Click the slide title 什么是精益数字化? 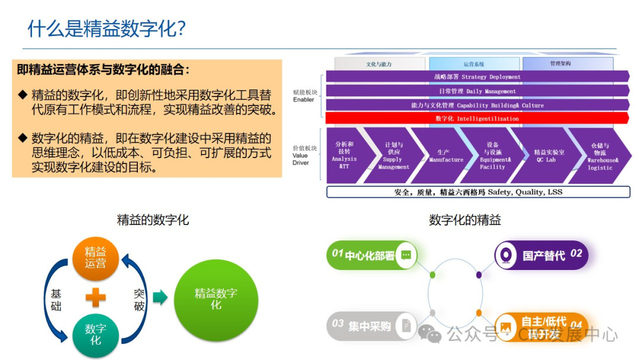[106, 28]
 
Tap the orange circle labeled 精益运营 [95, 258]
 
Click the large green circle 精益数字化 [216, 299]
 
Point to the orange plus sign [95, 297]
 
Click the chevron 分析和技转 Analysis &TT [344, 156]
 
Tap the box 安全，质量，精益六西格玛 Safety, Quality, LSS [477, 192]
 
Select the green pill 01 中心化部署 [370, 255]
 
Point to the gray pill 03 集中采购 [370, 325]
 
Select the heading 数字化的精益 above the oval [464, 220]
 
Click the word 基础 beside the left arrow [56, 299]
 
